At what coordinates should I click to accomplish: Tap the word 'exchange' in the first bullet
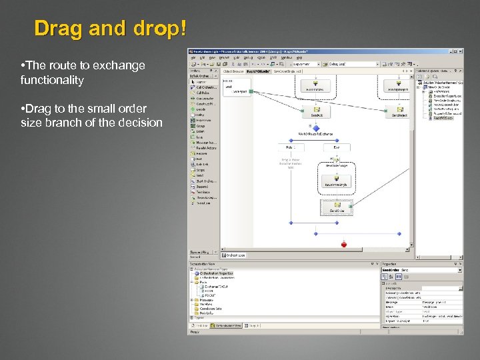point(119,65)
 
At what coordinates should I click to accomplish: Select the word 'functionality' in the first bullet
point(52,80)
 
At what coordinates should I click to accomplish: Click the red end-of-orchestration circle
point(344,245)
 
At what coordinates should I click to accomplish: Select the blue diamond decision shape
point(317,127)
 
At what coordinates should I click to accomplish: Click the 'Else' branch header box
point(337,147)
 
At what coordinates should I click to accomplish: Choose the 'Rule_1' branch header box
point(291,147)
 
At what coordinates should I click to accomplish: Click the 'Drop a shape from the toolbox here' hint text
point(291,163)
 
